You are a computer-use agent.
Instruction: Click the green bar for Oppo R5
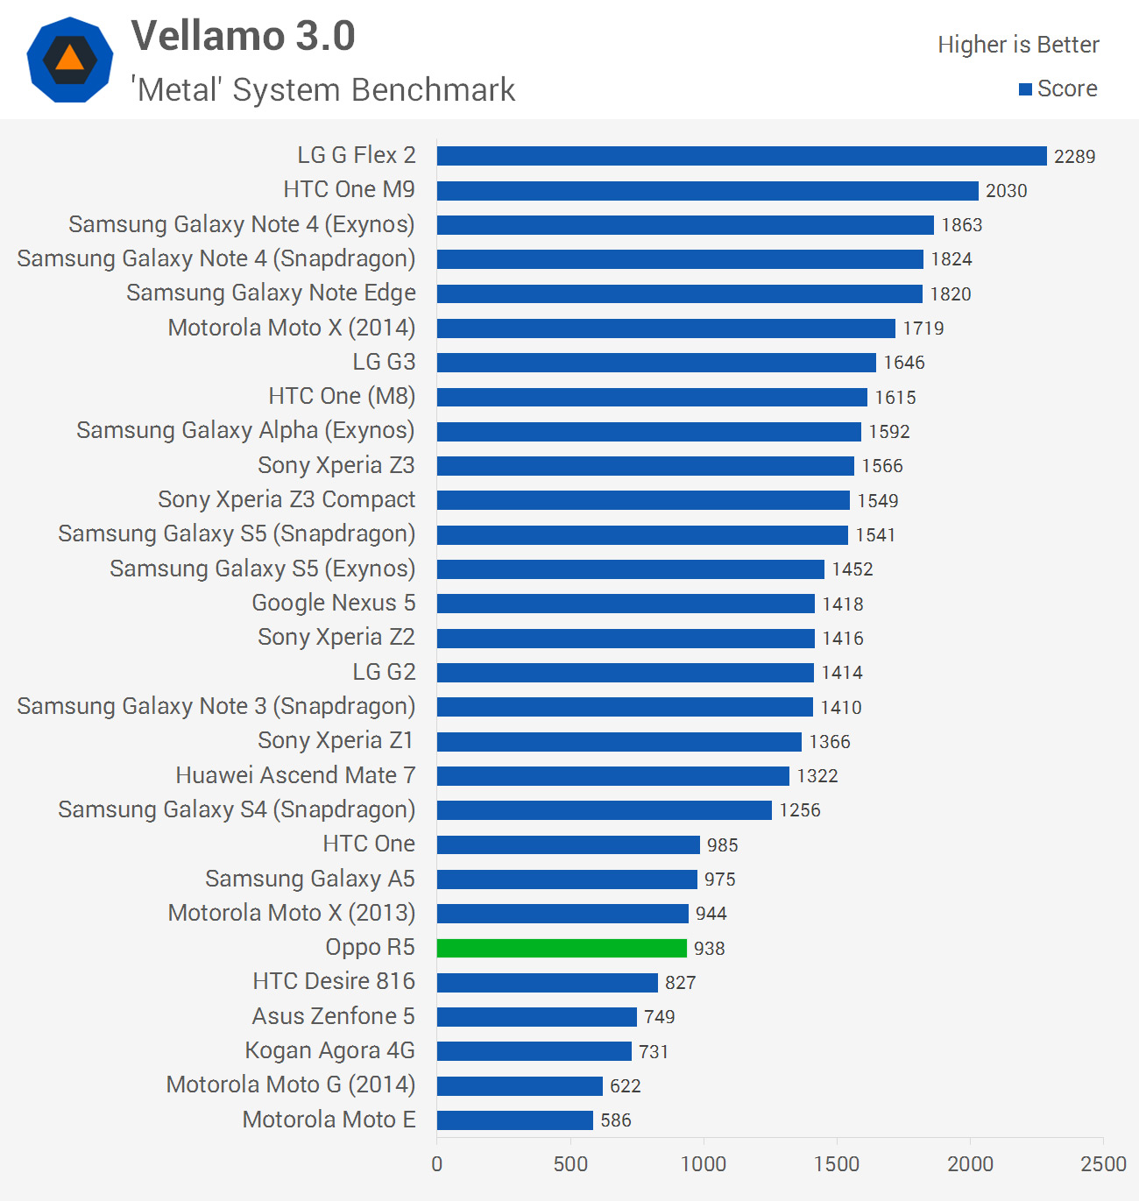pos(562,948)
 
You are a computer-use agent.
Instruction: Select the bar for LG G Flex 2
pos(741,156)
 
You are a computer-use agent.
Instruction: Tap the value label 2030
pos(1006,191)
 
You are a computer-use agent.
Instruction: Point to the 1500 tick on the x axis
pos(837,1164)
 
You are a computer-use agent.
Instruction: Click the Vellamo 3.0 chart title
pos(244,37)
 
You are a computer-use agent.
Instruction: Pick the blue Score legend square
pos(1025,89)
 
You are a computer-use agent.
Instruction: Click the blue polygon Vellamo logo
pos(70,60)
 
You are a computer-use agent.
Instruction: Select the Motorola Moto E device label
pos(329,1120)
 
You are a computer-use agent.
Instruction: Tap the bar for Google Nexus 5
pos(626,604)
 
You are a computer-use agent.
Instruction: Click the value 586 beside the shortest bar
pos(616,1120)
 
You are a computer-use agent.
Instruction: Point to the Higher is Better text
pos(1018,45)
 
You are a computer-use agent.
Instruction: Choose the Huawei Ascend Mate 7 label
pos(295,775)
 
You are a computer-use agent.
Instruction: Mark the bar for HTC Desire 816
pos(547,982)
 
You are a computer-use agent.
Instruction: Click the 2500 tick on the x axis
pos(1103,1164)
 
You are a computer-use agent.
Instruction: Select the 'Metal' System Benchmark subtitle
pos(323,90)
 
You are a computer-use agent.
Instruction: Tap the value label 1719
pos(923,329)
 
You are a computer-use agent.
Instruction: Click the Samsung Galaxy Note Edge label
pos(271,293)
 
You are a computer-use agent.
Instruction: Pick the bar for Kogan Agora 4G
pos(534,1051)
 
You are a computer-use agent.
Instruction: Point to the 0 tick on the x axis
pos(437,1164)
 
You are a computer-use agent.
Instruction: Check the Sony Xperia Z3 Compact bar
pos(643,500)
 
